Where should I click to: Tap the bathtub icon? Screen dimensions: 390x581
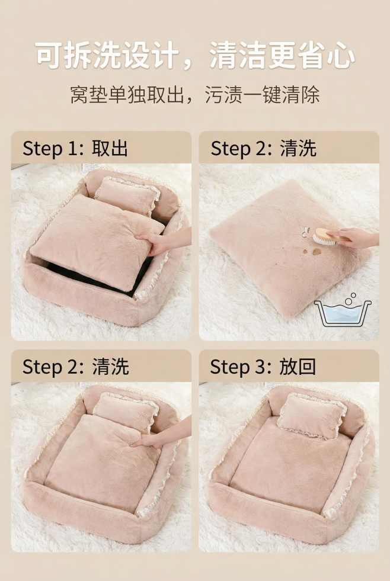pos(343,313)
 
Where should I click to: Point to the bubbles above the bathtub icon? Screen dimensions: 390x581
pos(350,298)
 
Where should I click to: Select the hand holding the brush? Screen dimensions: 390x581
pos(354,237)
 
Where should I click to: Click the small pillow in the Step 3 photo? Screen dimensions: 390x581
pos(312,416)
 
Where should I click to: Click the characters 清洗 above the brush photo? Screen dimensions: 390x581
pos(298,148)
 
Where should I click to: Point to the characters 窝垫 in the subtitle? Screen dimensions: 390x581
pos(89,95)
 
